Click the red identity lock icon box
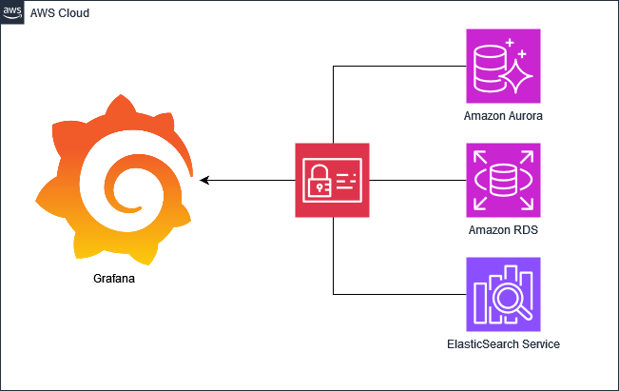tap(332, 180)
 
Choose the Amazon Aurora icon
tap(503, 66)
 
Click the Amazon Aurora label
tap(503, 116)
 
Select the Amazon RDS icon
tap(503, 180)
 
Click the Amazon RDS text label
tap(503, 230)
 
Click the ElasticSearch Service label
tap(503, 343)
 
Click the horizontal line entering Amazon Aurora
tap(399, 67)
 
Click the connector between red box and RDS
tap(417, 180)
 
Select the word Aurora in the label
tap(525, 116)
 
